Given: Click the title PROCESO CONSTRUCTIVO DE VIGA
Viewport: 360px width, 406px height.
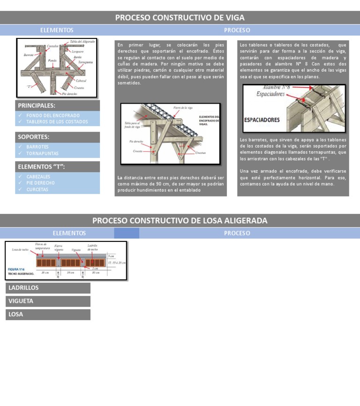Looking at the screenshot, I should tap(180, 18).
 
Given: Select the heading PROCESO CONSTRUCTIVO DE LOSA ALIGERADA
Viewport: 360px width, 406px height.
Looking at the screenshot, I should tap(180, 220).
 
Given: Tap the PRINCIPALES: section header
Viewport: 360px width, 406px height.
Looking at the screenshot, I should tap(37, 105).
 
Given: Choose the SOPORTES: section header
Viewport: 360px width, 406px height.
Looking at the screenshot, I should tap(34, 137).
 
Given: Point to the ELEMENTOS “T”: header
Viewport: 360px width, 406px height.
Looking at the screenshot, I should tap(41, 166).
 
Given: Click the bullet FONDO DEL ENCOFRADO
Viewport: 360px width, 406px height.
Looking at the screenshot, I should tap(53, 115).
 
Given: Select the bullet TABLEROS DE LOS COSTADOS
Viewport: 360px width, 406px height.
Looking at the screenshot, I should tap(57, 122).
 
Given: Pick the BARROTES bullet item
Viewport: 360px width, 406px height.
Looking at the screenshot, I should tap(37, 147).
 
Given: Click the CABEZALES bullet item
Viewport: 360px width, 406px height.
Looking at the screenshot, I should tap(38, 177).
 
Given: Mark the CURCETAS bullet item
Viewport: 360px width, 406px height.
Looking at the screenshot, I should tap(37, 190).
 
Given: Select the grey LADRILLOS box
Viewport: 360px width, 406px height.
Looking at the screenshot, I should tap(48, 288).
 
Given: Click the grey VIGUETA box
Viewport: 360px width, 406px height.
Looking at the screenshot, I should tap(48, 301).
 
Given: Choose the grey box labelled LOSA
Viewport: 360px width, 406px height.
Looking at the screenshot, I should tap(48, 315).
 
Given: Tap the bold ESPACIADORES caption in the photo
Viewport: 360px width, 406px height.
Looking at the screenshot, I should tap(262, 120).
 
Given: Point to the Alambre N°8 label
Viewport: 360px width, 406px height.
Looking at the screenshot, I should tap(279, 88).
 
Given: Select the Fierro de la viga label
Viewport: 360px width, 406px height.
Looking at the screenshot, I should tap(183, 107).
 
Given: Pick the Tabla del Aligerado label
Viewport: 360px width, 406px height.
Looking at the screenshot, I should tap(82, 42).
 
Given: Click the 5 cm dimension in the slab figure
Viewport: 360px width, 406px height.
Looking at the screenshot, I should tap(111, 256).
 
